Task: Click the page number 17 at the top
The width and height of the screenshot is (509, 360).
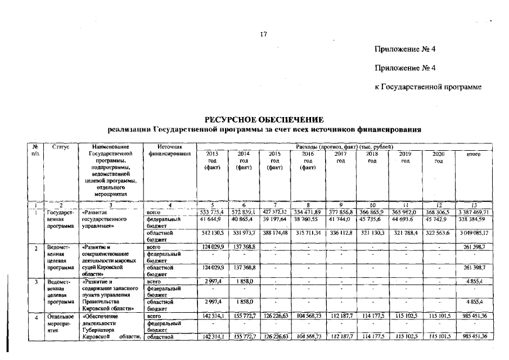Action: click(263, 35)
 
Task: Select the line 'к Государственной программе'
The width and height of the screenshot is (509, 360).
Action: click(428, 87)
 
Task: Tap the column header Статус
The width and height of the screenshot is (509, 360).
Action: click(60, 146)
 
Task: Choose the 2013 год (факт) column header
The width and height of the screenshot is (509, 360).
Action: click(212, 160)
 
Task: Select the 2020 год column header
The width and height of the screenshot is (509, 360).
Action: click(439, 157)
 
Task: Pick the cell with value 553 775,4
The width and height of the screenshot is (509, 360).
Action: click(213, 211)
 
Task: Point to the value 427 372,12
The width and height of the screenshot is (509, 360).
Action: click(275, 211)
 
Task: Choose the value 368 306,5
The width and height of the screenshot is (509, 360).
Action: click(439, 211)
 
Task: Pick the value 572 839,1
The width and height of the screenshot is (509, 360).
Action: click(244, 211)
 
